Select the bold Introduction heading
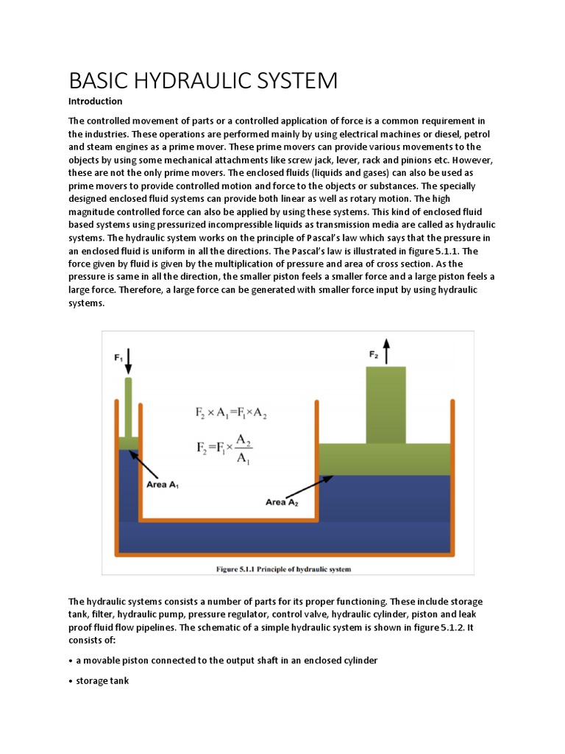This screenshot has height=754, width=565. click(x=95, y=101)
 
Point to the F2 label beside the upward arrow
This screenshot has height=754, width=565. click(x=374, y=355)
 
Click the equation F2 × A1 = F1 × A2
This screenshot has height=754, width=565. click(x=232, y=415)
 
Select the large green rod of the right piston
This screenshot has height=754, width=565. click(x=385, y=405)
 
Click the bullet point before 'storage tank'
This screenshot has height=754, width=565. click(x=71, y=681)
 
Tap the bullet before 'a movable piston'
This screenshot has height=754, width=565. click(x=71, y=660)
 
